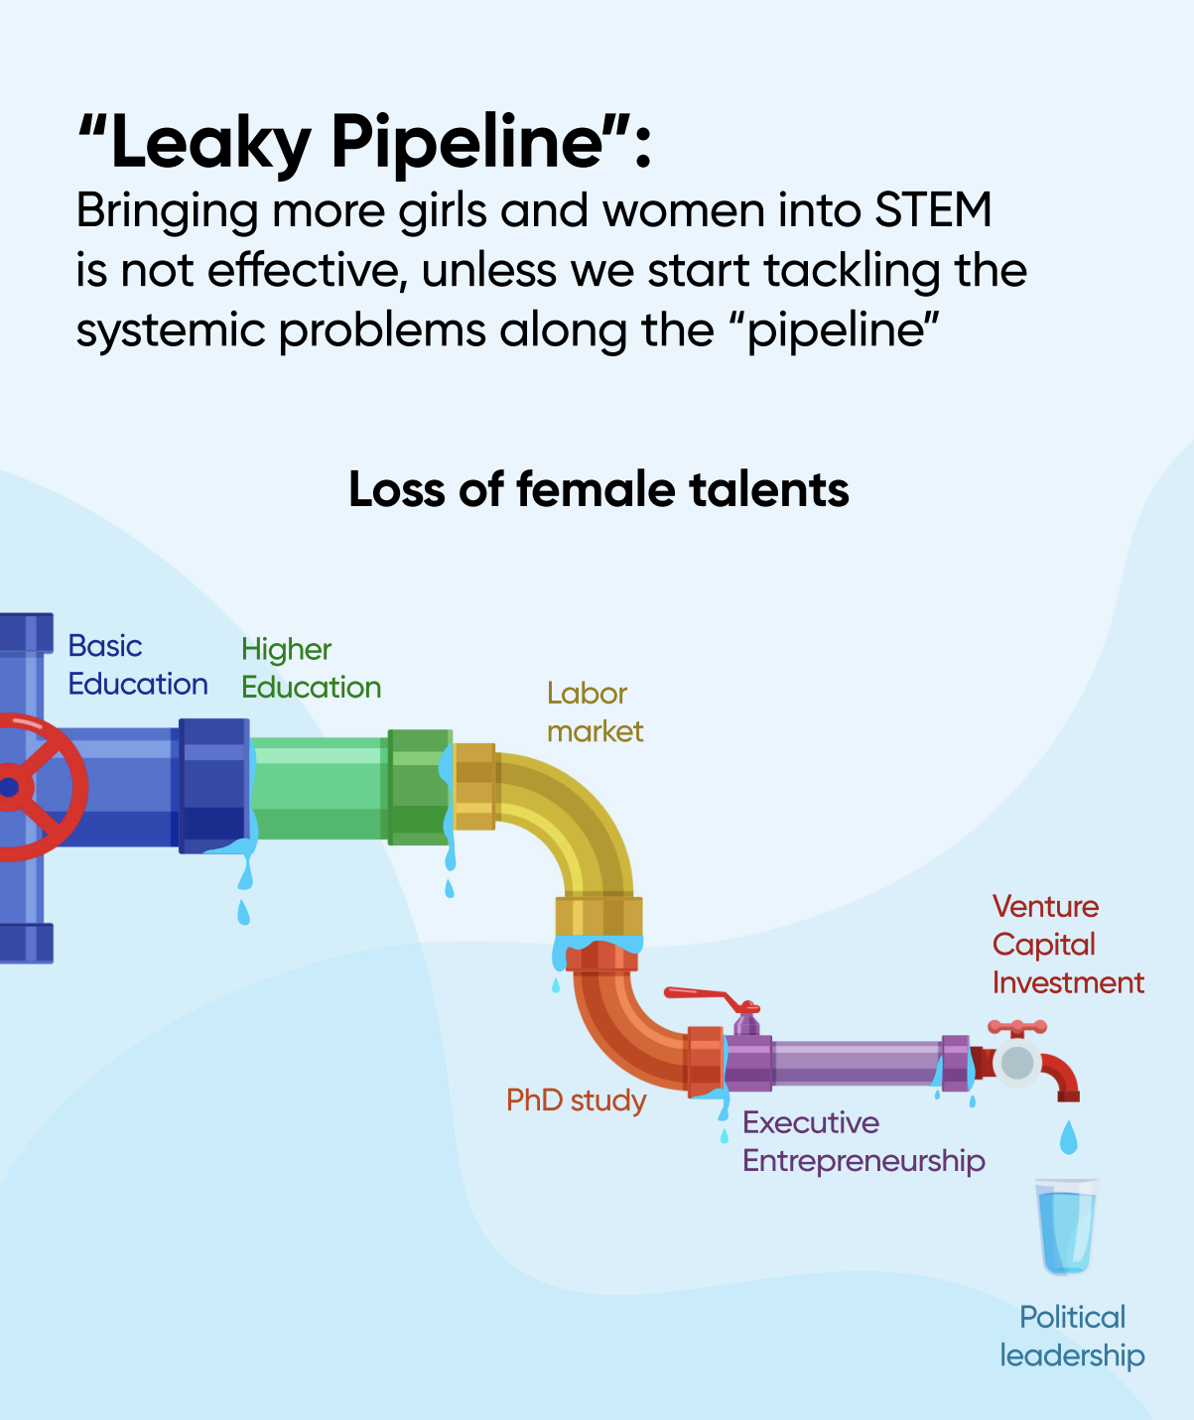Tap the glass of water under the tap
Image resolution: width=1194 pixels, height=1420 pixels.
coord(1066,1226)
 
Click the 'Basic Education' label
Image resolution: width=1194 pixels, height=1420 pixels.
coord(137,665)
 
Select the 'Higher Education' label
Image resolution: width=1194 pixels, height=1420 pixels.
coord(311,668)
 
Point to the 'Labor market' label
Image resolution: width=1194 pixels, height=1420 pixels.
coord(595,712)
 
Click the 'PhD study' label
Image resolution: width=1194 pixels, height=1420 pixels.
coord(577,1100)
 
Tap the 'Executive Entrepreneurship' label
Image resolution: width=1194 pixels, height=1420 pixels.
coord(863,1142)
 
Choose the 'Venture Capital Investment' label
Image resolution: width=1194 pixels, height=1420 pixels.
coord(1068,945)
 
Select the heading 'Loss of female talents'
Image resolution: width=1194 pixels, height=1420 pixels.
coord(598,489)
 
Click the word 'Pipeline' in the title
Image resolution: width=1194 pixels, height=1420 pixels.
coord(468,142)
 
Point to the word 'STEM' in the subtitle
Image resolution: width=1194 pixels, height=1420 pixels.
coord(933,209)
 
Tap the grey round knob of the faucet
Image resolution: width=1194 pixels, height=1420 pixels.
coord(1017,1063)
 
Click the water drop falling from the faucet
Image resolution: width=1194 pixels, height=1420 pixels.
coord(1069,1137)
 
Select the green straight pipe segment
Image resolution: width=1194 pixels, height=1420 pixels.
coord(319,789)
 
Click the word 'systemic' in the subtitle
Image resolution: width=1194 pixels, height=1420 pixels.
coord(170,330)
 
